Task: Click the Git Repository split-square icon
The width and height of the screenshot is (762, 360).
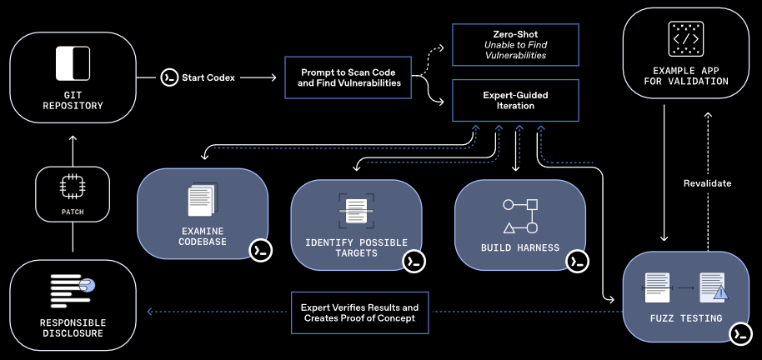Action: (x=73, y=63)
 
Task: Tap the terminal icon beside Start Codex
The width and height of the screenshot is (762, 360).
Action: (x=168, y=77)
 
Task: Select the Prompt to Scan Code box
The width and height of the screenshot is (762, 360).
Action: (x=348, y=77)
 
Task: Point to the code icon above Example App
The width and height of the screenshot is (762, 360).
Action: (x=685, y=39)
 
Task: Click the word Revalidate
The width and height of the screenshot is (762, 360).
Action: (x=707, y=183)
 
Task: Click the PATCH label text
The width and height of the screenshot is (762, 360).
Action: (x=73, y=212)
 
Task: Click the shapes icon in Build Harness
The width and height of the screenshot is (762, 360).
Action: (x=520, y=216)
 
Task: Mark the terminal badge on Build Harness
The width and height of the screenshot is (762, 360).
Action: (x=576, y=261)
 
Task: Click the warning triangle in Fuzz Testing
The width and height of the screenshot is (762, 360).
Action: (x=719, y=292)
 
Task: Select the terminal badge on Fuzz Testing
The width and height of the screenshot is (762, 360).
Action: (x=739, y=334)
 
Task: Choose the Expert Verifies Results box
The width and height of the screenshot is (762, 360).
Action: (x=359, y=312)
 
